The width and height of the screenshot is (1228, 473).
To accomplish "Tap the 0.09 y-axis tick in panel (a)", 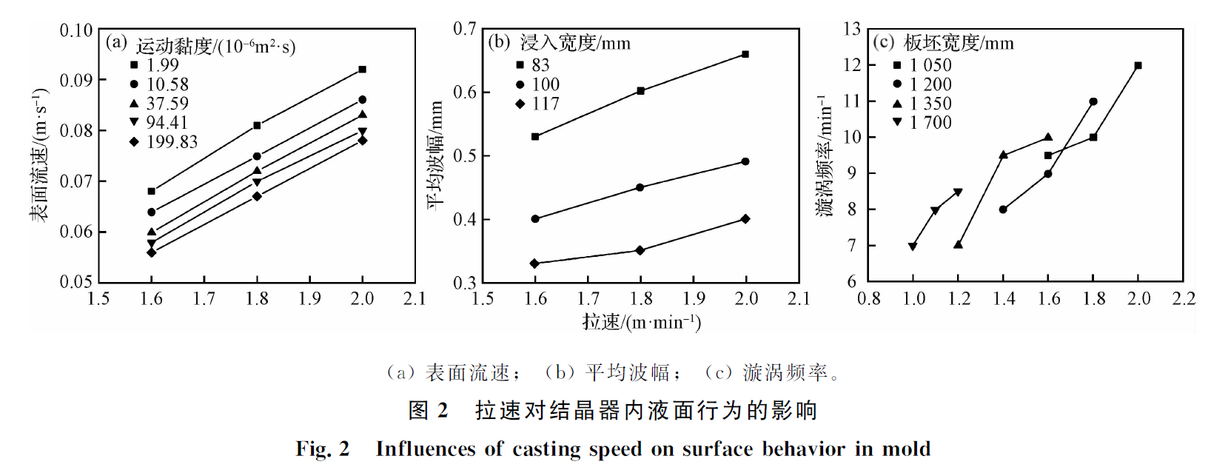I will coord(76,80).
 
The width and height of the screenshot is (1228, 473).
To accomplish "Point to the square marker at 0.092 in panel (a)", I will coord(362,70).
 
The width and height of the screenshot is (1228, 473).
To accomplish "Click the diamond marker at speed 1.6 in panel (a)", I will coord(152,252).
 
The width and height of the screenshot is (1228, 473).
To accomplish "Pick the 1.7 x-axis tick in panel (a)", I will coord(204,298).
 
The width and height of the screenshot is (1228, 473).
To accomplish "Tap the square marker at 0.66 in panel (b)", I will coord(745,54).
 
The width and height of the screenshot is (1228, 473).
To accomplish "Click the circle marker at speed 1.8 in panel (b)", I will coord(640,187).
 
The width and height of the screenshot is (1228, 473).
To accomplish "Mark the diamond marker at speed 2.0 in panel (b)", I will coord(745,219).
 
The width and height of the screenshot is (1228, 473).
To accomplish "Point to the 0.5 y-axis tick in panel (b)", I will coord(465,156).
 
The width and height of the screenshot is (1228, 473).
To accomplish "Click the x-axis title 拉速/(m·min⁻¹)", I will coord(641,322).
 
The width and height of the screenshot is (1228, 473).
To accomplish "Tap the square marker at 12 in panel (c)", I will coord(1138,66).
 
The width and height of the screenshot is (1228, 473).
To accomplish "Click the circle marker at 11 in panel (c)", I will coord(1093,101).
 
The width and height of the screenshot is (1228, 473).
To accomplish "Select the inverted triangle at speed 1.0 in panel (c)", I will coord(913,246).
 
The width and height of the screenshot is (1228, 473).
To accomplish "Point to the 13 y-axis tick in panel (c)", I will coord(852,29).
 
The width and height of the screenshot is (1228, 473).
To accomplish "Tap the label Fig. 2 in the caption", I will coord(323,449).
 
